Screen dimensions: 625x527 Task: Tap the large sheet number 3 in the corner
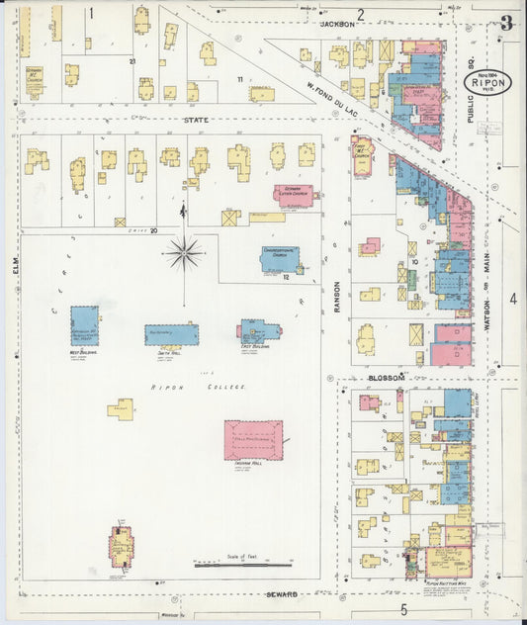[506, 23]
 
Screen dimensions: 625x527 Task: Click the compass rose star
[184, 253]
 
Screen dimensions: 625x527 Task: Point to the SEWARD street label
[282, 594]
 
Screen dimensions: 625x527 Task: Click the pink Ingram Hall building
[253, 440]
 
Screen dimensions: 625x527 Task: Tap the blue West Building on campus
[84, 325]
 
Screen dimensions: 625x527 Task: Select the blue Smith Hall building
[171, 334]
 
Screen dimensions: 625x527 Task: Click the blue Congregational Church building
[280, 258]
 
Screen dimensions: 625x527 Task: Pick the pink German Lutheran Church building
[294, 195]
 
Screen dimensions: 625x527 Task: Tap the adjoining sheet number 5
[402, 609]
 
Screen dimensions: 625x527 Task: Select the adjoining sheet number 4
[512, 298]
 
